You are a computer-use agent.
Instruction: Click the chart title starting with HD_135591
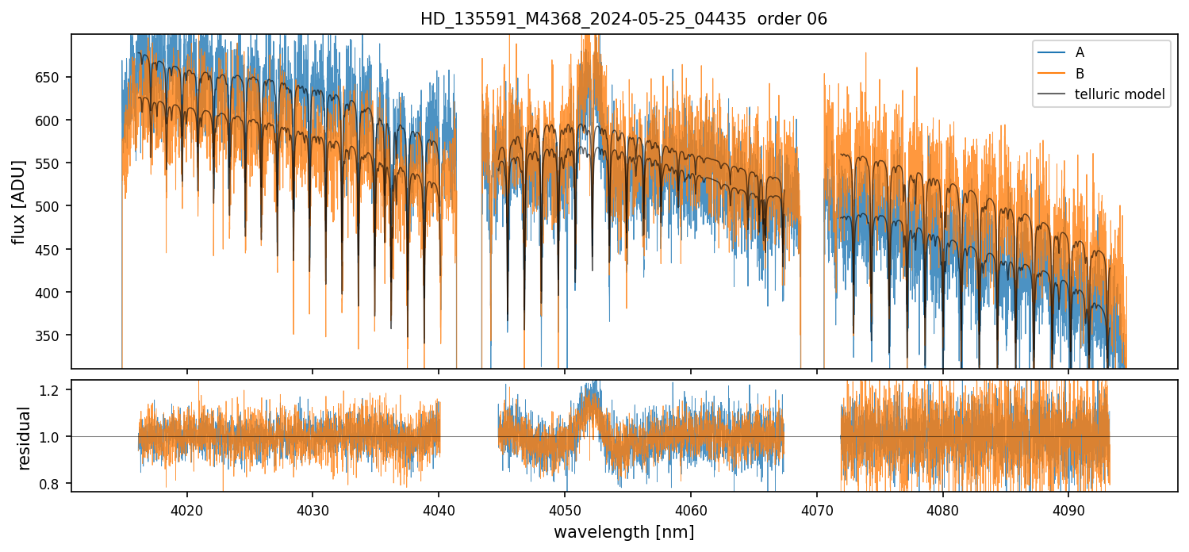point(623,19)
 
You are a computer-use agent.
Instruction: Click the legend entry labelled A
point(1080,52)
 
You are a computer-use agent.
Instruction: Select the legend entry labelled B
point(1080,74)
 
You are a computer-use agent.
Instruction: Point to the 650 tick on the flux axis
point(53,77)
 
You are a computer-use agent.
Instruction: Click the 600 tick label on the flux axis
point(53,121)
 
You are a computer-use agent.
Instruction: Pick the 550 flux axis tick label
point(53,163)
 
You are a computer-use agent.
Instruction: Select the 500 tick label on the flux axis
point(53,206)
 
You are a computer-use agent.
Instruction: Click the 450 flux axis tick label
point(53,250)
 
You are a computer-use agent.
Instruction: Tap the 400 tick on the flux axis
point(53,293)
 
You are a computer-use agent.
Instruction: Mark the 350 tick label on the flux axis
point(53,335)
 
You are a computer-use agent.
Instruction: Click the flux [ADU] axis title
point(18,201)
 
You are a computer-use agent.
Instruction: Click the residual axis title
point(25,437)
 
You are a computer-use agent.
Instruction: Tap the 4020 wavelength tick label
point(187,509)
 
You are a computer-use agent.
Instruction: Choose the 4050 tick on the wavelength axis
point(565,509)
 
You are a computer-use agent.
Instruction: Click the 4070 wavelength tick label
point(816,509)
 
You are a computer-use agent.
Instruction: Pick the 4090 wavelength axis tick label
point(1068,509)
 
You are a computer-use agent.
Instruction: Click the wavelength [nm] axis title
point(623,531)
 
